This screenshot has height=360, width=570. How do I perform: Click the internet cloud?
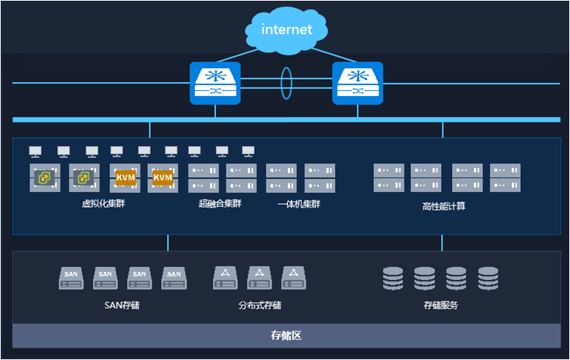pos(286,30)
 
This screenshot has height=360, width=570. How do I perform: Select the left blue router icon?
pos(215,82)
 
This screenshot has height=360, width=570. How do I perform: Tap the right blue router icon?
pos(358,82)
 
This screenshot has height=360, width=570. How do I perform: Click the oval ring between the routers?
pos(286,83)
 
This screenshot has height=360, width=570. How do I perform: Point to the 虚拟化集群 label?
pos(103,204)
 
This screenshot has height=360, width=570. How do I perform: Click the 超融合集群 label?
pos(220,204)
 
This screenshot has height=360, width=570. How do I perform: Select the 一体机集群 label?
pos(299,204)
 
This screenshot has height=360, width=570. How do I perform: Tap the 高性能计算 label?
pos(443,206)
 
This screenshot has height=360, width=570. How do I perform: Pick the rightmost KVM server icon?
pos(163,178)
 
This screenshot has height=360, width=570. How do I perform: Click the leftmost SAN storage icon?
pos(71,278)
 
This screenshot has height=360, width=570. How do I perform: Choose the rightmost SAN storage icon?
pos(174,278)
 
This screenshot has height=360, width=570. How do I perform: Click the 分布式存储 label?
pos(259,305)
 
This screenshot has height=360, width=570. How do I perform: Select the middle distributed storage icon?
pos(259,277)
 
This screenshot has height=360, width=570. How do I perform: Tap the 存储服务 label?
pos(440,305)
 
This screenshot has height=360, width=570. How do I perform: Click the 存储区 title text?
pos(286,336)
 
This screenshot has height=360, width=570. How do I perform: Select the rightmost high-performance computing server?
pos(506,178)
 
